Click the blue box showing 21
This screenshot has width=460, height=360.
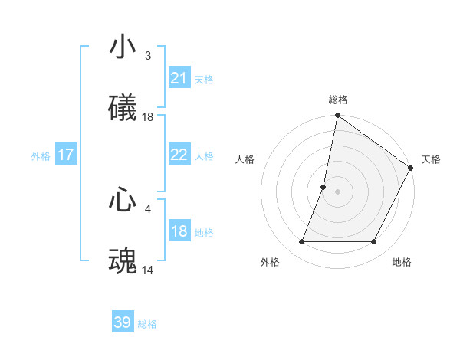click(179, 77)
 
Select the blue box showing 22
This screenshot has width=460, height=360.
click(179, 155)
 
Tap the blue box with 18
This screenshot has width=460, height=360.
click(179, 231)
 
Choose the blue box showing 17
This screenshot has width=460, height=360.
click(66, 155)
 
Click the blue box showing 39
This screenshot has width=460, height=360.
click(123, 322)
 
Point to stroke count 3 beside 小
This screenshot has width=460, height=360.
click(148, 56)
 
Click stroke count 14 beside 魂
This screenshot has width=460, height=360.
click(148, 270)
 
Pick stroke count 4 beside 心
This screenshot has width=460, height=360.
click(148, 208)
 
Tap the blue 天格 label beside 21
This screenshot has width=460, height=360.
click(204, 79)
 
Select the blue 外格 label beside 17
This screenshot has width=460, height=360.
click(41, 156)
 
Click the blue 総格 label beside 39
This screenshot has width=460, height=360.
click(147, 324)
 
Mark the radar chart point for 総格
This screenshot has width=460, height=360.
click(337, 116)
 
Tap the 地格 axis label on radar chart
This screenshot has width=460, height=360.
click(402, 263)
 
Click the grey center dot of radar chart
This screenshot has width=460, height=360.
click(337, 191)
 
